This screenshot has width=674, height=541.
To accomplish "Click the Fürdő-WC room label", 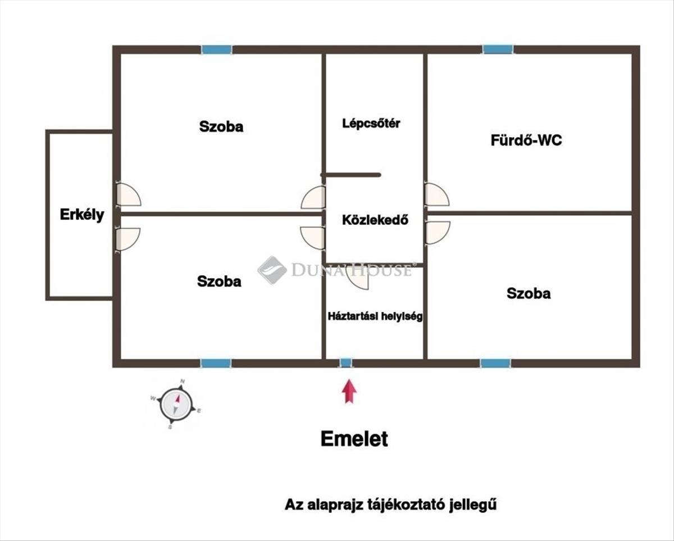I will pos(526,140).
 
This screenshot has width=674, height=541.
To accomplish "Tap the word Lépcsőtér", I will pos(371,124).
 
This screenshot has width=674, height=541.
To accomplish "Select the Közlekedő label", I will pos(375,220).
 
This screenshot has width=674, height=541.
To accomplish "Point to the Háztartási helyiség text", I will pos(375,316).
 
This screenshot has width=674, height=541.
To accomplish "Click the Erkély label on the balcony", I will pos(82,215).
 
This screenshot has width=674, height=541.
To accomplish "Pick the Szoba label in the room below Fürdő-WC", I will pos(529,293).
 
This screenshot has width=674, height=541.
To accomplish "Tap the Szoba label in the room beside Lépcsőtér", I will pos(221,126).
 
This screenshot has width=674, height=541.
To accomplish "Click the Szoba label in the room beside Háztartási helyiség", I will pos(219,281).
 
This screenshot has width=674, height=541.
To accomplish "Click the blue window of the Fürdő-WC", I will pos(498,49).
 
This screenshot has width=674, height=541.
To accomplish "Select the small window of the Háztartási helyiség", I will pos(346,363).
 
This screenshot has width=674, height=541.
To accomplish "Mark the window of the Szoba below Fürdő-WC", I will pos(495,363).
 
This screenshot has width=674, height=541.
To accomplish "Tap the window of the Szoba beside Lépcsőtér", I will pos(217,49).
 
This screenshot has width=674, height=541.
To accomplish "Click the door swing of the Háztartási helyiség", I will pos(358,277).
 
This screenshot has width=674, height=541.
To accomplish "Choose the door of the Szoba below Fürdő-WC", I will pos(437,232).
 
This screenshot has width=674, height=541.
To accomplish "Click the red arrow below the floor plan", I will pos(350,390).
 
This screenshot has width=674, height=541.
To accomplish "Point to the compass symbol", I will pos(176,404).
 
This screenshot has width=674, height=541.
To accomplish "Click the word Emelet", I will pos(354,439).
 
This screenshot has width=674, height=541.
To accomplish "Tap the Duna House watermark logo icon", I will pos(272,270).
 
